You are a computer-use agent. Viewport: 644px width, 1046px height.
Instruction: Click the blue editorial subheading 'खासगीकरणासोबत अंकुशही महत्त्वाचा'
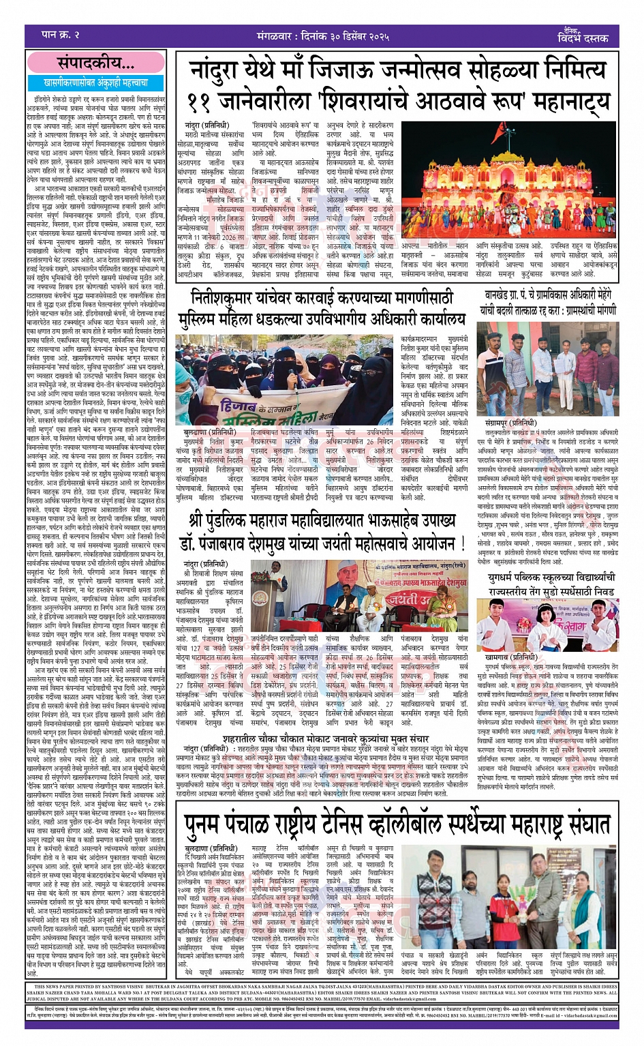96,83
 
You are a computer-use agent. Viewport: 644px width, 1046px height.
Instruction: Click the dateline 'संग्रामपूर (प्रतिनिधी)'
515,423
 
